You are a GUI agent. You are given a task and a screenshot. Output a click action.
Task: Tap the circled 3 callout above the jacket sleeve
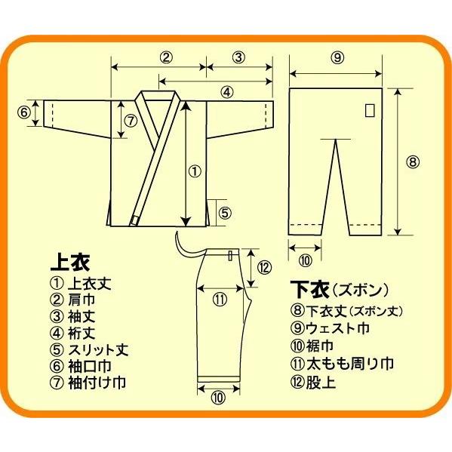[x=238, y=57]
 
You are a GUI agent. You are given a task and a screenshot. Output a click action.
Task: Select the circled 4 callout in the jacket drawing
[x=226, y=92]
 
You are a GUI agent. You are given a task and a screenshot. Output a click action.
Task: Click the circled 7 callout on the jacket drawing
[x=130, y=119]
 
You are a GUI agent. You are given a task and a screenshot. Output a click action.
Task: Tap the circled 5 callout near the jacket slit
[x=225, y=213]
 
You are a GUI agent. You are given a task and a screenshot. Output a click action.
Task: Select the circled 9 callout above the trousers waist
[x=337, y=57]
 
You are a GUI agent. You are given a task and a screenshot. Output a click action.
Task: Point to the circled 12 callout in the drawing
[x=263, y=266]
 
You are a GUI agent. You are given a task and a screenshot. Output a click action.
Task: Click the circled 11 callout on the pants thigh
[x=220, y=299]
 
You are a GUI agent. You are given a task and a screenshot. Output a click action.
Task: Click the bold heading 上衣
[x=69, y=263]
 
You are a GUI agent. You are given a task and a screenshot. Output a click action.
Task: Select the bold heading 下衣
[x=307, y=289]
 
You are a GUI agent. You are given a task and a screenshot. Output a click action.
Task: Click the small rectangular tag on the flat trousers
[x=369, y=110]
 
